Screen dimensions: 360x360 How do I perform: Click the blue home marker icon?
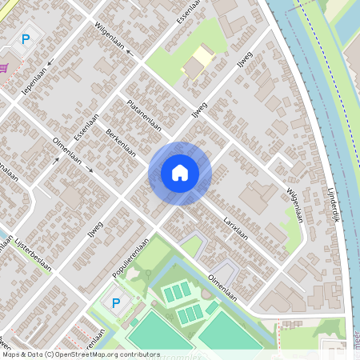coord(180,172)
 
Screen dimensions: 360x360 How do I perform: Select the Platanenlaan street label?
coord(144,117)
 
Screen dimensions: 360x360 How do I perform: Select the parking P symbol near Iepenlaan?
coord(26,38)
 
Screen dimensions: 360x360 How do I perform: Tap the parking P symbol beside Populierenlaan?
coord(116,302)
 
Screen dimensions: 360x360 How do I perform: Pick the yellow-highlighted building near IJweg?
coord(197,63)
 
